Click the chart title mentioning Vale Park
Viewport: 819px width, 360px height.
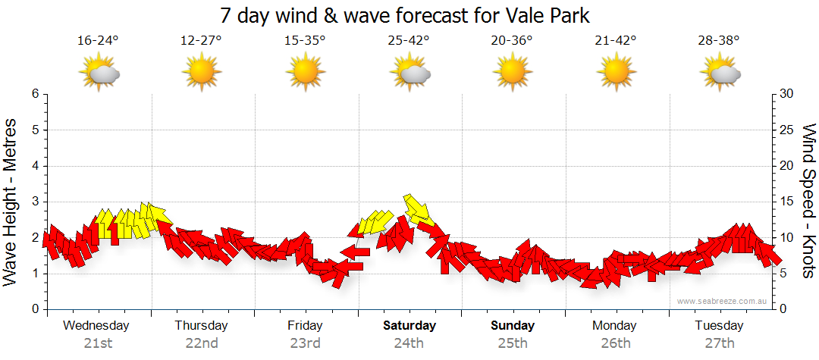click(404, 15)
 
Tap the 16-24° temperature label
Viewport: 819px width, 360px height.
click(99, 41)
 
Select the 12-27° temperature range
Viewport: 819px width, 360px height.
click(202, 41)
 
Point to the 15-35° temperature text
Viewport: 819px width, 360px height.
click(305, 41)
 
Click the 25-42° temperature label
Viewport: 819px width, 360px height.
click(409, 41)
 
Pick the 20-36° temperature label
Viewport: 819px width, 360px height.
click(512, 41)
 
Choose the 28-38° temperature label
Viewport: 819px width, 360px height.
click(719, 41)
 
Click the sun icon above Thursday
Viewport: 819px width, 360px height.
click(201, 73)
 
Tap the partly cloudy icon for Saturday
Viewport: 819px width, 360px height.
click(410, 73)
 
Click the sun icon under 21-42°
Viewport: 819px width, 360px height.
click(615, 73)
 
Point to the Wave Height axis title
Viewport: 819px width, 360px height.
click(11, 202)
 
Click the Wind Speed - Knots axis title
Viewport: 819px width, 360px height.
click(808, 202)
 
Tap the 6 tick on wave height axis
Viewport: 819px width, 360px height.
click(34, 94)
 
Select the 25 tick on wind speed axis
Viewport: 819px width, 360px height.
click(787, 130)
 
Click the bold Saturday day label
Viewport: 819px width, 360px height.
click(409, 326)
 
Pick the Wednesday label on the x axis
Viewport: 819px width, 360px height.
click(96, 326)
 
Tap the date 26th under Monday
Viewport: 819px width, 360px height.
click(615, 343)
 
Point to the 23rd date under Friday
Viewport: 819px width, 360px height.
click(305, 343)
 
